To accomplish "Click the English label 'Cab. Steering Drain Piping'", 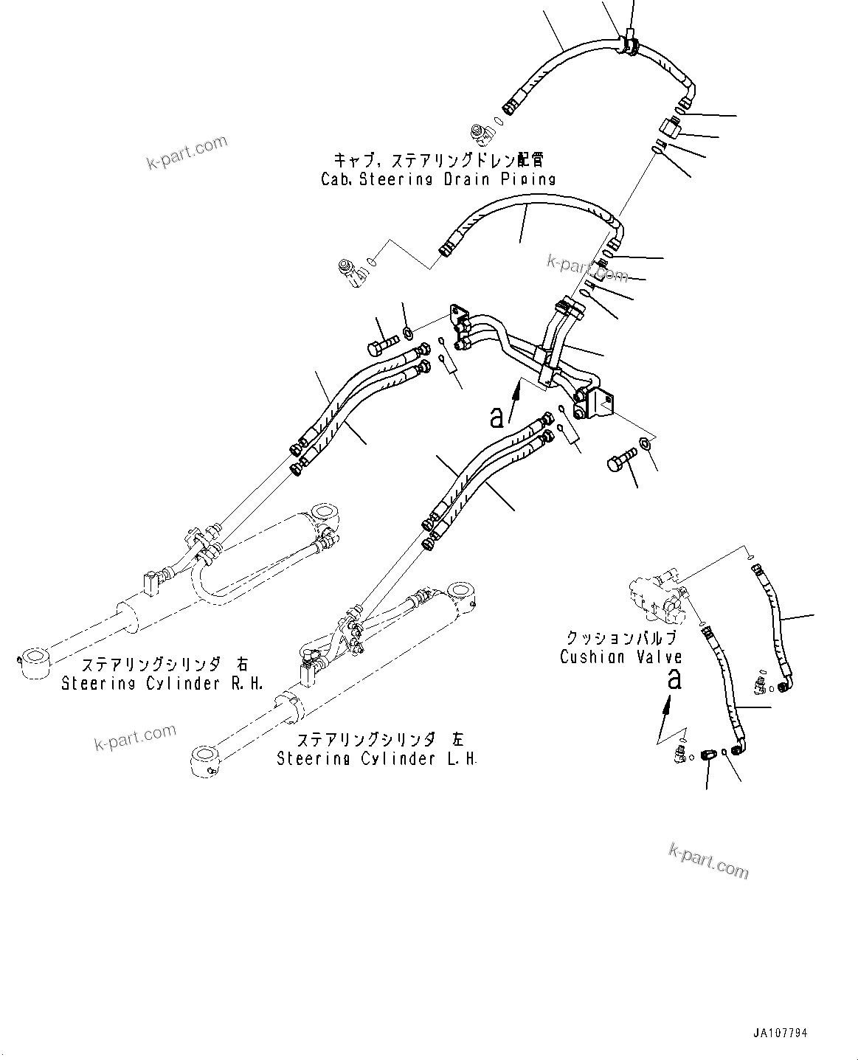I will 437,179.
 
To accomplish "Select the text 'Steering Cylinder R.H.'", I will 151,683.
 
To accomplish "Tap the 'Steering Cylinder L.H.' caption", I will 376,758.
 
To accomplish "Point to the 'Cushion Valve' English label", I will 620,657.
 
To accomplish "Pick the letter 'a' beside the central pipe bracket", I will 498,417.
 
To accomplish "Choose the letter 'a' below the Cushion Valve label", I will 674,679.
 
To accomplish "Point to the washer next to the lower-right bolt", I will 645,443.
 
